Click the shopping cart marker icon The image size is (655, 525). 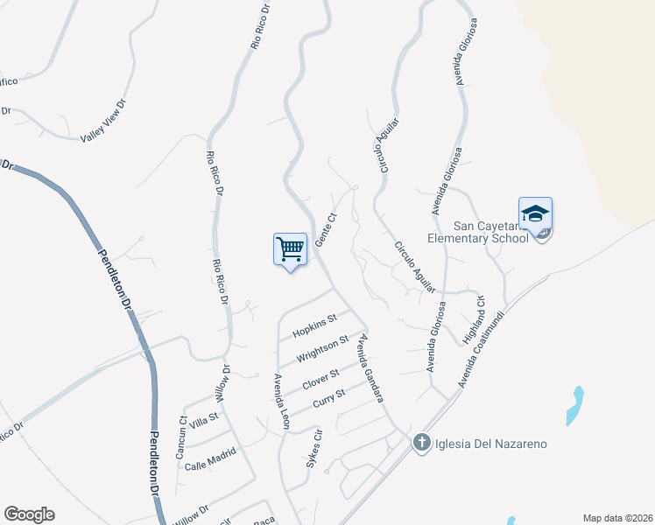point(290,249)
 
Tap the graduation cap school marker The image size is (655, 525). point(535,213)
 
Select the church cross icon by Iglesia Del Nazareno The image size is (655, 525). point(421,443)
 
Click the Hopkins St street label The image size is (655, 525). point(315,325)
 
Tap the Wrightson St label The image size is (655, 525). point(322,349)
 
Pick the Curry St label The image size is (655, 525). point(329,398)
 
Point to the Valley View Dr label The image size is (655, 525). point(104,121)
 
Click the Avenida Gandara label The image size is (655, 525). point(371,367)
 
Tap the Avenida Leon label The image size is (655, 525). point(280,401)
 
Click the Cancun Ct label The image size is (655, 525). point(182,438)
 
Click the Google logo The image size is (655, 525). point(29,514)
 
